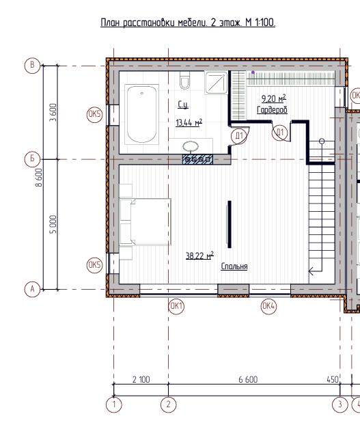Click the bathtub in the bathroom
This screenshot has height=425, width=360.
click(141, 114)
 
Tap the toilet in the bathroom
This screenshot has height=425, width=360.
click(184, 80)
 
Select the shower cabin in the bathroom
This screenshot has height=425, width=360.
click(216, 83)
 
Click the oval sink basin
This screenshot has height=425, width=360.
click(191, 147)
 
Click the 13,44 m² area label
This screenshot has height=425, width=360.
click(189, 122)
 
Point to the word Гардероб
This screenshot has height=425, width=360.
click(272, 110)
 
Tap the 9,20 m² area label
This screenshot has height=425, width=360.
click(274, 98)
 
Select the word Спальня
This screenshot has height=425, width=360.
click(234, 266)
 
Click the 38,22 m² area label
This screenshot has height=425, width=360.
click(199, 256)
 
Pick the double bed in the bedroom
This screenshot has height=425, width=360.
click(146, 222)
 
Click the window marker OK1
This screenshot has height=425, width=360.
click(176, 306)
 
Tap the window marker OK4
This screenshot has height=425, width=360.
click(268, 306)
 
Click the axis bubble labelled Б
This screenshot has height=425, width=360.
click(32, 159)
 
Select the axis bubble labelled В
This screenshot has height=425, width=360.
click(32, 66)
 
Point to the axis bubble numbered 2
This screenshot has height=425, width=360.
click(168, 405)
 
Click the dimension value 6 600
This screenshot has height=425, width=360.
click(248, 379)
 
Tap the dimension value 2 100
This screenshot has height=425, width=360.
click(141, 379)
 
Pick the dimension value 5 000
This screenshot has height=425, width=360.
click(54, 224)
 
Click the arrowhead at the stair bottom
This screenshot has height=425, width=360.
click(311, 271)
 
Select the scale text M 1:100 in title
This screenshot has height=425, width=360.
click(260, 23)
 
